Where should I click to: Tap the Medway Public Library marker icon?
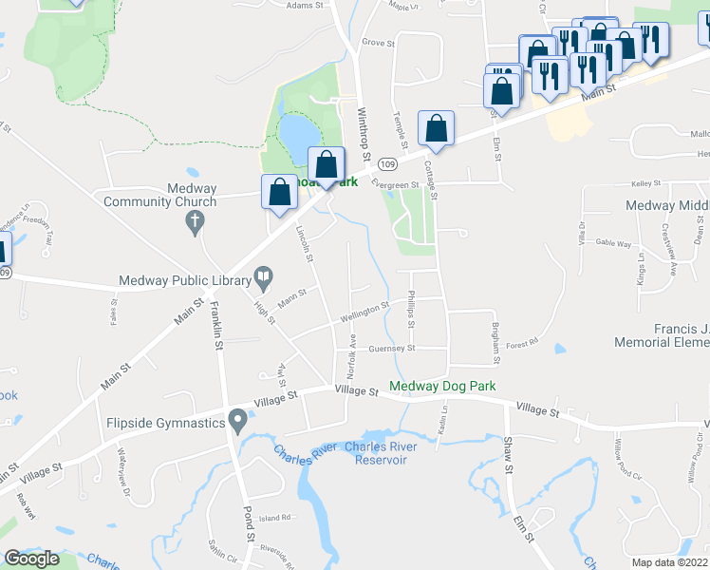click(263, 278)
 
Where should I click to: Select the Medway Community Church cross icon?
click(194, 222)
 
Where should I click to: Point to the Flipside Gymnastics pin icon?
click(236, 420)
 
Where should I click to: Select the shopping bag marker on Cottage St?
click(436, 130)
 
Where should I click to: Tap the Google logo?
click(31, 559)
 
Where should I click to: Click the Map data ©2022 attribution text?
click(670, 562)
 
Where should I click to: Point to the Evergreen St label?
click(395, 185)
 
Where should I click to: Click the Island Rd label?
click(273, 518)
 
